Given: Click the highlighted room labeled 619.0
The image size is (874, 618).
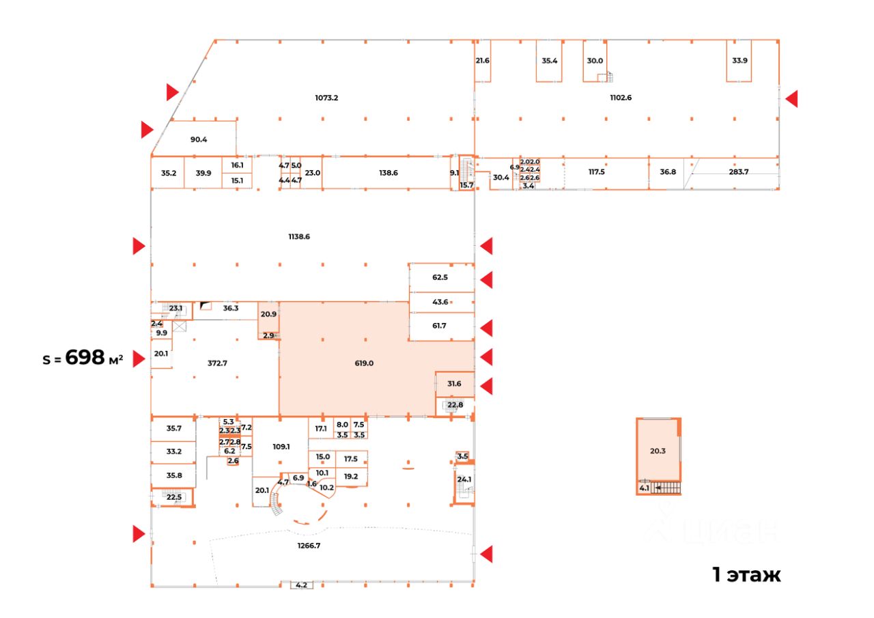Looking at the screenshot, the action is pos(364,363).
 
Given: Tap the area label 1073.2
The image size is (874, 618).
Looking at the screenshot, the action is pos(326,98).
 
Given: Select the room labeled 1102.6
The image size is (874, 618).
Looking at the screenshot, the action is pos(621,98).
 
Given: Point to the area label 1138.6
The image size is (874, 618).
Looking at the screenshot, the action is pos(299,237).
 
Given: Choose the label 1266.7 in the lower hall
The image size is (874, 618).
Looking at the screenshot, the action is pos(309,545).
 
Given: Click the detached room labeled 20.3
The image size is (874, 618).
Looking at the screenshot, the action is pos(658,450).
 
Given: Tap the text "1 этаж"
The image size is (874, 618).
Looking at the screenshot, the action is pos(746,575).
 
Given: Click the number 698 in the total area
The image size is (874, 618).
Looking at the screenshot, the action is pos(85,357).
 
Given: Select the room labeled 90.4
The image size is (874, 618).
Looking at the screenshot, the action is pos(199,139).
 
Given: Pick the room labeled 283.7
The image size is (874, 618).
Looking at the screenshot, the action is pos(739,172).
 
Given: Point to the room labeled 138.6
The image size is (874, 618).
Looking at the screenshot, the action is pos(388,173).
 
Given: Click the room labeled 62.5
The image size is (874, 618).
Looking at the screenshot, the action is pos(440,278).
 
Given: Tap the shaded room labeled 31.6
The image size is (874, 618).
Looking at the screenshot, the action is pos(454,384).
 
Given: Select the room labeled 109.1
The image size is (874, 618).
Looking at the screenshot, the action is pos(281,447).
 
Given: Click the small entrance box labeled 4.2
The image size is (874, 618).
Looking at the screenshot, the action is pos(301,585).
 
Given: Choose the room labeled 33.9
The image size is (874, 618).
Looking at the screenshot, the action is pos(739,60).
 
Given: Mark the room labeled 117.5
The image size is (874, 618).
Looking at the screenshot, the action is pos(596,172).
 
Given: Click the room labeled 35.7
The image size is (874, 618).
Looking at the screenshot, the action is pos(174,429).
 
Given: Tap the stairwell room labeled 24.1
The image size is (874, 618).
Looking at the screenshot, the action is pos(464,479).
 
